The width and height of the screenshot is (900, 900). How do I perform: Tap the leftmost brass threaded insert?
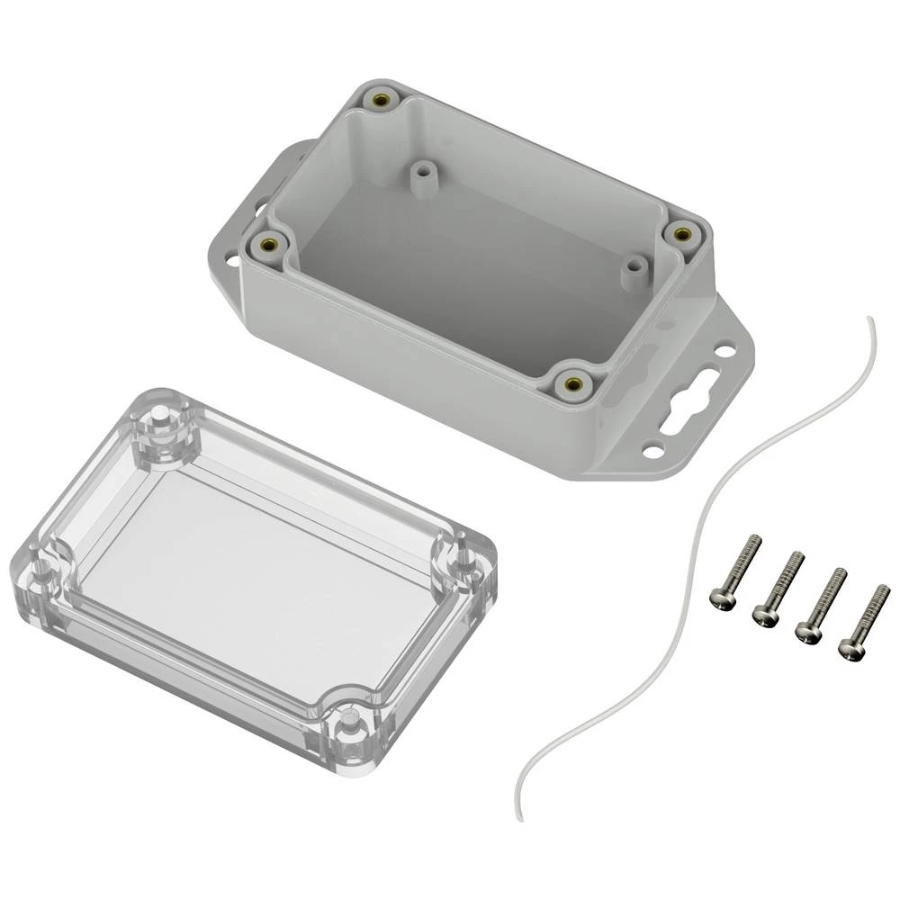click(267, 242)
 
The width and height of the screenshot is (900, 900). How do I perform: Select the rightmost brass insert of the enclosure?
click(681, 234)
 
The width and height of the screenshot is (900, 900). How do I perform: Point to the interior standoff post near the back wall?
click(420, 173)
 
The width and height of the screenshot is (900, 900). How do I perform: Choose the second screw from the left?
click(765, 615)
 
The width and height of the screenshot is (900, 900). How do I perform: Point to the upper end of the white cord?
click(868, 319)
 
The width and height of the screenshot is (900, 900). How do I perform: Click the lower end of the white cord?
click(519, 817)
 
